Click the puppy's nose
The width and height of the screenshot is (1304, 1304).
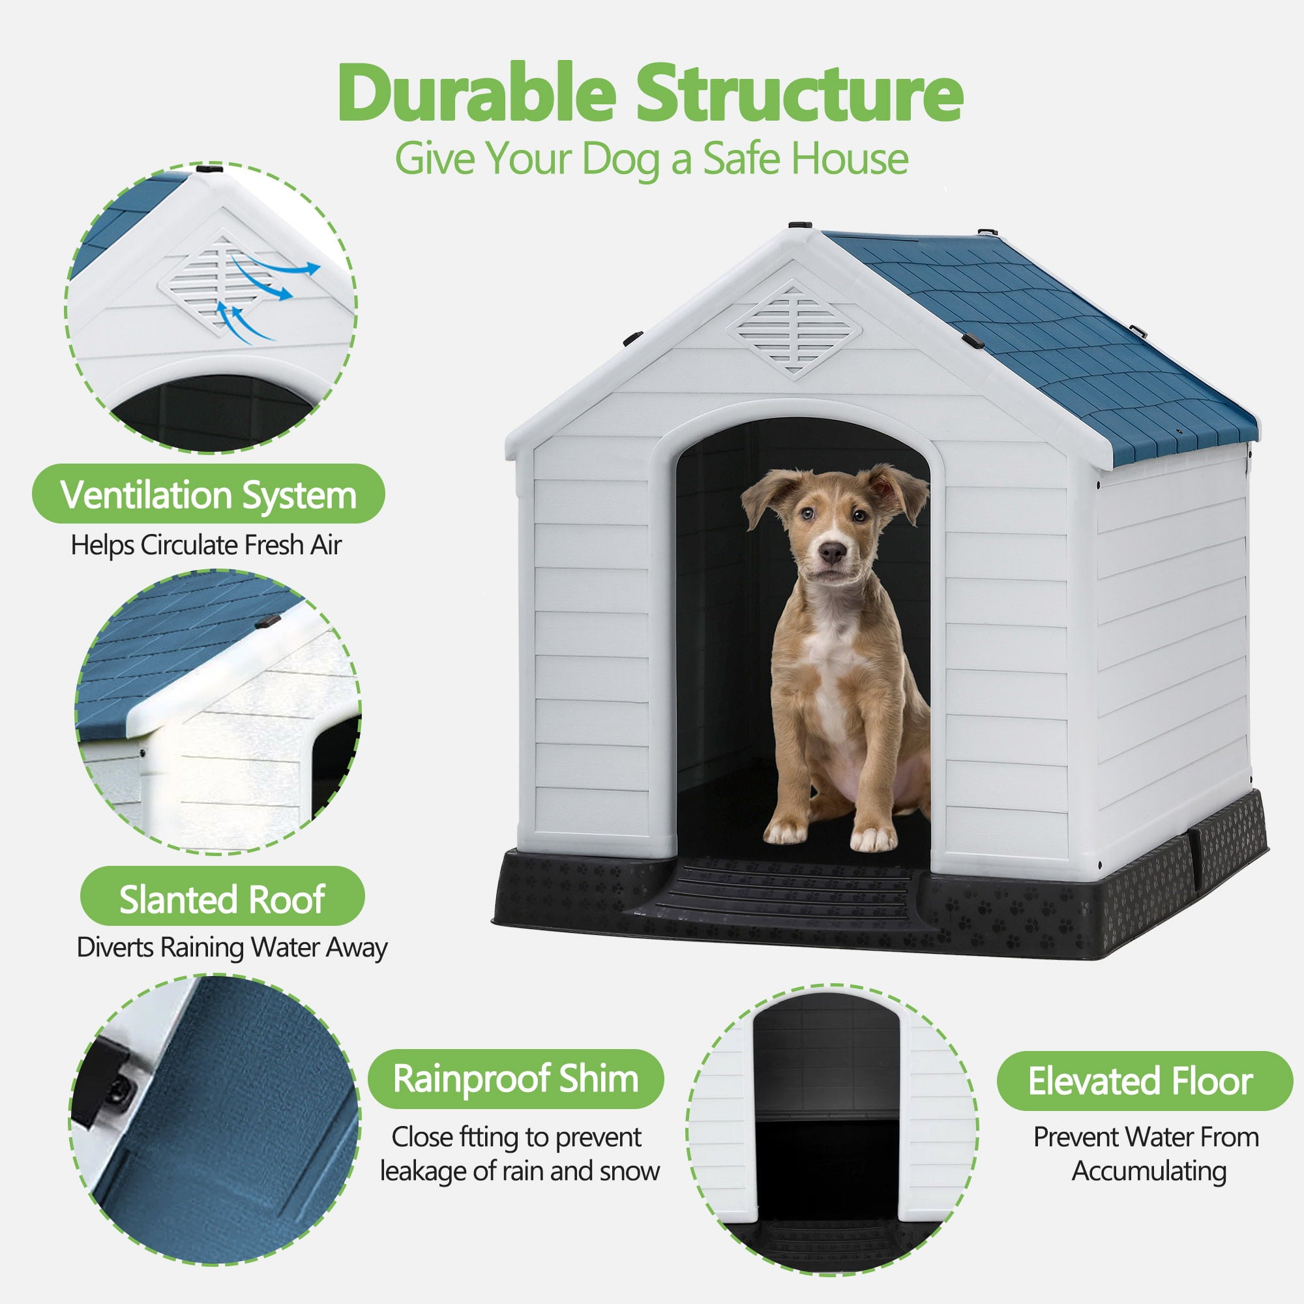coord(831,553)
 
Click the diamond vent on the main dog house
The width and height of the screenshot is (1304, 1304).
coord(794,330)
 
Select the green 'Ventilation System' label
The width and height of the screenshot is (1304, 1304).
coord(208,495)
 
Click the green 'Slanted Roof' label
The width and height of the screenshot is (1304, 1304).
coord(222,899)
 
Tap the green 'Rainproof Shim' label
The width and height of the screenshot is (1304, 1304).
coord(516,1078)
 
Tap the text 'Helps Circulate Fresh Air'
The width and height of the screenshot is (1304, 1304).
coord(207,545)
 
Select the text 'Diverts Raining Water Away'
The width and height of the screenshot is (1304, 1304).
coord(232,947)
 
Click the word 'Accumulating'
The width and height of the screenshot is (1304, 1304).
coord(1149,1170)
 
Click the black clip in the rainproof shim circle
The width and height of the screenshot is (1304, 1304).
coord(108,1087)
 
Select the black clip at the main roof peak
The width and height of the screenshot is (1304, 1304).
coord(801,224)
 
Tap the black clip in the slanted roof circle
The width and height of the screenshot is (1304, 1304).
coord(268,621)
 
